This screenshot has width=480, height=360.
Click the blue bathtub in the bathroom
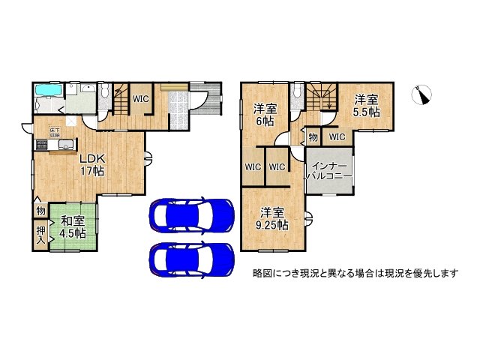48,91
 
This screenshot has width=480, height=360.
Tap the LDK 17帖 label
93,164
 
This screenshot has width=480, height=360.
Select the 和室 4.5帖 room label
73,226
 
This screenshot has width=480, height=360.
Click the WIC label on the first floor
140,97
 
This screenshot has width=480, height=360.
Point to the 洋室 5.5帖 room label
367,105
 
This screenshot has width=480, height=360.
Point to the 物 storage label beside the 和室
40,212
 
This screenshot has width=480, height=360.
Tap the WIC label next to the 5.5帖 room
336,137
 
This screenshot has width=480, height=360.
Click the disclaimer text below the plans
355,273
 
